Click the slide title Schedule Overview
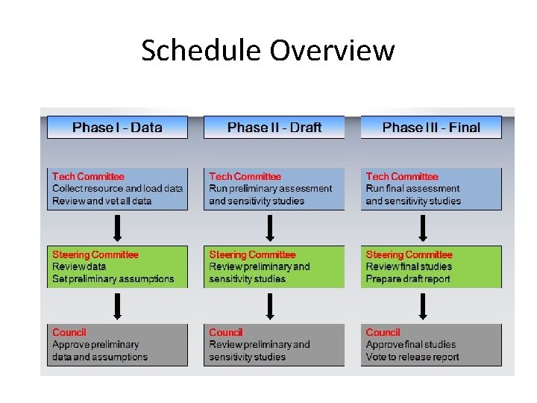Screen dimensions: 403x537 click(268, 51)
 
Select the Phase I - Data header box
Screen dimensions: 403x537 click(117, 128)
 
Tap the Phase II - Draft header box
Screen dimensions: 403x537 click(274, 128)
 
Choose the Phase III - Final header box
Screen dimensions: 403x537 click(431, 128)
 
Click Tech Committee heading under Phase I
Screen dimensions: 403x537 click(88, 176)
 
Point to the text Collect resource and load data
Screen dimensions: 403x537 click(117, 189)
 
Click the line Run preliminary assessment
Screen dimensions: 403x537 click(270, 189)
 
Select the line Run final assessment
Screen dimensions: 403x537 click(412, 189)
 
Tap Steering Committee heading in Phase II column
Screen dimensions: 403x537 click(252, 254)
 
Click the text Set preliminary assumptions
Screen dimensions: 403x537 click(113, 279)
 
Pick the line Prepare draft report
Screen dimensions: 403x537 click(408, 279)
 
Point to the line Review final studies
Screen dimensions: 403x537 click(409, 266)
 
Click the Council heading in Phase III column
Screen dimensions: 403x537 click(383, 332)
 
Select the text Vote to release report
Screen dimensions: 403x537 click(412, 357)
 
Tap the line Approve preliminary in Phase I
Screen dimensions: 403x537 click(95, 345)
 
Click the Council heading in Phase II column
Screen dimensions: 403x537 click(226, 332)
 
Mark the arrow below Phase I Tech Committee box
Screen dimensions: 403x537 click(117, 228)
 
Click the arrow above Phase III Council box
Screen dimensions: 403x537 click(424, 306)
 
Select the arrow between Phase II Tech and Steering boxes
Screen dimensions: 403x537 click(270, 228)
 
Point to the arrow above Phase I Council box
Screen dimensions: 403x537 click(117, 306)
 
